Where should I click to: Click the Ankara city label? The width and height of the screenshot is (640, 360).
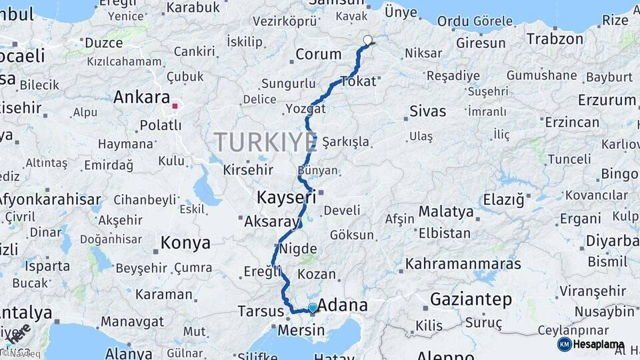click(x=141, y=97)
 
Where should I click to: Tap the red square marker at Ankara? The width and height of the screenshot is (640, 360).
click(x=175, y=105)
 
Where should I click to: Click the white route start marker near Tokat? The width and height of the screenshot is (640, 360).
click(x=367, y=40)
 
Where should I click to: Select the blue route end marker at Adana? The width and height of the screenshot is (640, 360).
click(x=312, y=307)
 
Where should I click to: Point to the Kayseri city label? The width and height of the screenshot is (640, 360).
click(x=286, y=197)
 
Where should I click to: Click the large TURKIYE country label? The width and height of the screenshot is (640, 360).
click(x=265, y=142)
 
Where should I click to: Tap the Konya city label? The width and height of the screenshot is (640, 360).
click(x=185, y=243)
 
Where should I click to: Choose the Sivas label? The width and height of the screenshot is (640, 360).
click(x=427, y=111)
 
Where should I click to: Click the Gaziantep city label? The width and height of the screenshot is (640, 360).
click(x=471, y=299)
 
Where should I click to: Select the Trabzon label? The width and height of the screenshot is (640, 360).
click(x=555, y=39)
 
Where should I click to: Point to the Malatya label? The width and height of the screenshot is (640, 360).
click(x=446, y=213)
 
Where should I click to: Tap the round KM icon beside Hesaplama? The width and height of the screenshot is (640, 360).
click(x=564, y=344)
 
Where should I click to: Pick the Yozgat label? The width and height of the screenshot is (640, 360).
click(x=305, y=109)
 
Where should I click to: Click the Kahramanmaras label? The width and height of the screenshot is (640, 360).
click(x=463, y=263)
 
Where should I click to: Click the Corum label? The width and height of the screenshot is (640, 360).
click(x=318, y=55)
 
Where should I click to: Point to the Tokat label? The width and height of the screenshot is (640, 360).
click(x=358, y=81)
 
